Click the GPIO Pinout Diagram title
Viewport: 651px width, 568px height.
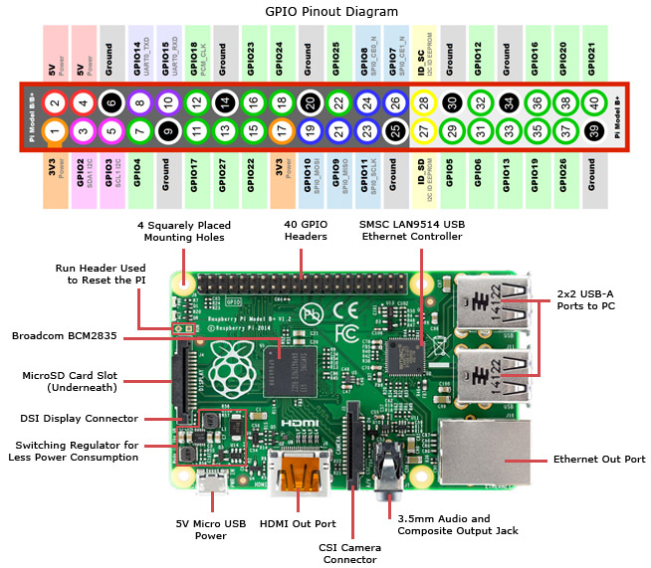(x=325, y=11)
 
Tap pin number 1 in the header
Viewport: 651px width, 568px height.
(x=56, y=129)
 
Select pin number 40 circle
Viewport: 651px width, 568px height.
(x=595, y=102)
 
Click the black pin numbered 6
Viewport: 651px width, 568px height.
(x=111, y=102)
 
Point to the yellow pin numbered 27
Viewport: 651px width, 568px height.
(x=425, y=129)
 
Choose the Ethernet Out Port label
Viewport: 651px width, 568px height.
(x=593, y=461)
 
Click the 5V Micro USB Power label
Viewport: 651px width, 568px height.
(x=210, y=529)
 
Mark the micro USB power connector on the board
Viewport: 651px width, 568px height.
(x=210, y=483)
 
